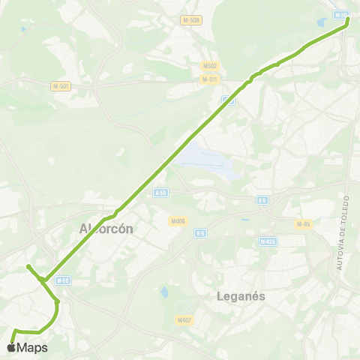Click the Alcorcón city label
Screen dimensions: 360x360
pos(106,229)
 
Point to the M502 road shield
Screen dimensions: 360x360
pos(209,66)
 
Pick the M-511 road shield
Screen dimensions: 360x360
pos(210,79)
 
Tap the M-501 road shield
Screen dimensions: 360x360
pos(61,86)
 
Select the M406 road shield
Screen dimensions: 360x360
pos(178,220)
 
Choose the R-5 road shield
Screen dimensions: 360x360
pos(200,233)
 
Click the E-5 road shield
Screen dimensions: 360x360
pos(262,199)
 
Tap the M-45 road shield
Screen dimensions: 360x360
pos(303,223)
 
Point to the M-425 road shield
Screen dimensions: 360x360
pos(268,241)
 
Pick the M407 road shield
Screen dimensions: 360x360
pos(185,319)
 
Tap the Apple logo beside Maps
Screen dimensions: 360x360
pos(10,347)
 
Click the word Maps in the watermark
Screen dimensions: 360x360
pos(32,347)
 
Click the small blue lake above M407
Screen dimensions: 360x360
pos(164,292)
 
